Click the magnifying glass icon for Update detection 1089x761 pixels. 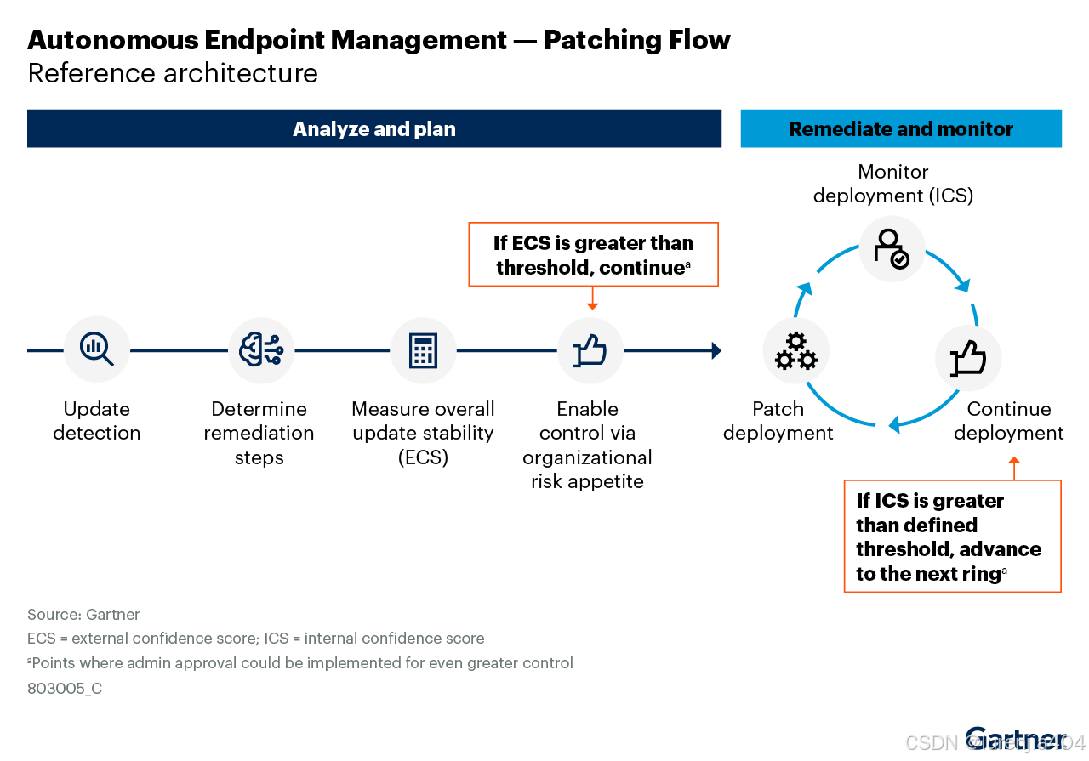tap(96, 349)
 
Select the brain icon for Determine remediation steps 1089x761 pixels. tap(260, 349)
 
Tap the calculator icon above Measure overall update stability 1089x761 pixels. tap(423, 349)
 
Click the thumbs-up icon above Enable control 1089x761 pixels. tap(590, 349)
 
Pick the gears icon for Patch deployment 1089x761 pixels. tap(795, 351)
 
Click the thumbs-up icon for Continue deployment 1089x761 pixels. tap(967, 358)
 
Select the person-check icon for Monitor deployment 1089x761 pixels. tap(892, 248)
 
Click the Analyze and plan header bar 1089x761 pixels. tap(373, 129)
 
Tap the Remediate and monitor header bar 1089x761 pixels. tap(900, 129)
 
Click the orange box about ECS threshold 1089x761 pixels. tap(593, 254)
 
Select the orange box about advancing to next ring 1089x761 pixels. tap(951, 536)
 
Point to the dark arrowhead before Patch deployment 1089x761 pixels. tap(716, 350)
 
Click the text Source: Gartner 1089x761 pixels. tap(83, 614)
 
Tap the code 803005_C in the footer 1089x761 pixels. tap(65, 688)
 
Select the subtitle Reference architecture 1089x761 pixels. tap(173, 73)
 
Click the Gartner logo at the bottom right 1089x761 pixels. tap(1014, 740)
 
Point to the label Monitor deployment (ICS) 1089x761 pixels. tap(892, 184)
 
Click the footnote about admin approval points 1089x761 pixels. tap(300, 663)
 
